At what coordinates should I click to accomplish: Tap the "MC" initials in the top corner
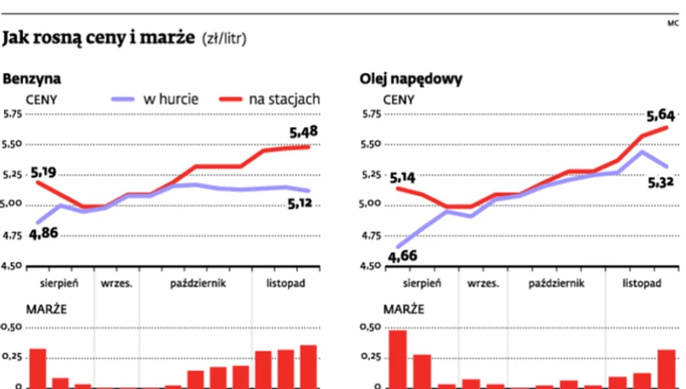672,22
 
